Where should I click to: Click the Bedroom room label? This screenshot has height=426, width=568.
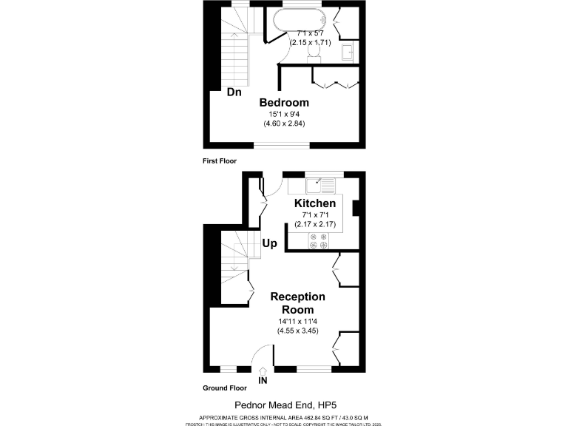click(x=284, y=102)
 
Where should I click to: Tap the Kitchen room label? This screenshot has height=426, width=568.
click(x=315, y=203)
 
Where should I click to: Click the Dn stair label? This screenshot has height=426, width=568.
click(x=234, y=92)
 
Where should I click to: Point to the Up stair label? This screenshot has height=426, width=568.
click(x=270, y=243)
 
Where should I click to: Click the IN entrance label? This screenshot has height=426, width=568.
click(x=263, y=381)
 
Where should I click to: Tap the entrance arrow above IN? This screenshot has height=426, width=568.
click(x=263, y=371)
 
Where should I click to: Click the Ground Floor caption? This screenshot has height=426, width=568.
click(x=225, y=388)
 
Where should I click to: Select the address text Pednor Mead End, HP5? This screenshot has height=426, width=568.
click(x=283, y=405)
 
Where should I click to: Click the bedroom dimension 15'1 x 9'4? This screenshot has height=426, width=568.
click(x=284, y=114)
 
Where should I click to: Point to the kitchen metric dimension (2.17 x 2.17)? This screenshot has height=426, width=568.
click(x=315, y=223)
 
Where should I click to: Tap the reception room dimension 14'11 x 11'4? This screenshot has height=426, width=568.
click(x=297, y=321)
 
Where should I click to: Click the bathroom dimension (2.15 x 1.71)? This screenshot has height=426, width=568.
click(x=313, y=44)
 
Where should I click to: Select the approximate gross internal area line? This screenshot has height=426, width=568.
click(x=284, y=417)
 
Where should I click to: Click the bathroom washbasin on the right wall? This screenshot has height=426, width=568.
click(x=347, y=52)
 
